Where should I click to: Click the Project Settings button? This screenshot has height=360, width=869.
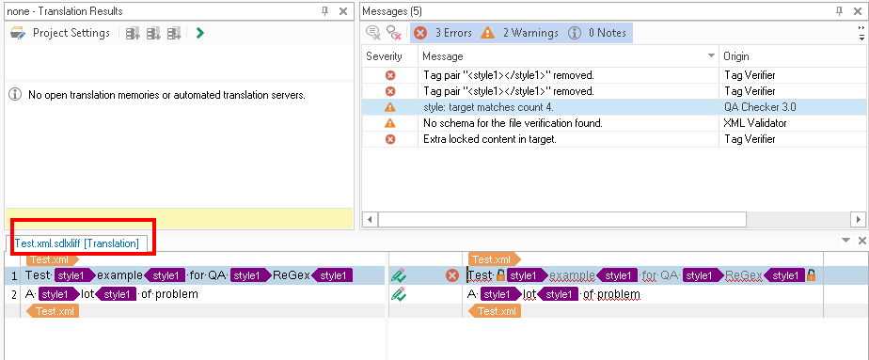[x=60, y=33]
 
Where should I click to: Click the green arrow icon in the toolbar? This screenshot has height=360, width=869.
[x=200, y=33]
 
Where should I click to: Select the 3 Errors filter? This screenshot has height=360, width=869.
[x=443, y=33]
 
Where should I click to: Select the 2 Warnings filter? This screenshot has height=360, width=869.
[x=519, y=33]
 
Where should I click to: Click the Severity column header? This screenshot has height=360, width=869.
[x=384, y=56]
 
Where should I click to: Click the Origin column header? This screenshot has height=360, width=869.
[x=736, y=56]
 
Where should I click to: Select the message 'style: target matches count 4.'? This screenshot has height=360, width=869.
[x=488, y=107]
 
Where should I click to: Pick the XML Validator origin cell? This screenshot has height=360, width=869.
[x=754, y=123]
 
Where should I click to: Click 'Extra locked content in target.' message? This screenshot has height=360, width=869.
[x=490, y=139]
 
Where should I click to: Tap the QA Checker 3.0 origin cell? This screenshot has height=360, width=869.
[x=760, y=107]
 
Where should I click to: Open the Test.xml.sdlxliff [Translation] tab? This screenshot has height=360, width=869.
[x=76, y=243]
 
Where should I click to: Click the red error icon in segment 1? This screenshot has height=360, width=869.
[x=452, y=275]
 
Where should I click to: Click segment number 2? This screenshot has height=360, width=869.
[x=14, y=294]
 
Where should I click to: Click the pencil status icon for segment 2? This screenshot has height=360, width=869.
[x=399, y=294]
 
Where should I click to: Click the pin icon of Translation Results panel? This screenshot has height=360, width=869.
[x=325, y=11]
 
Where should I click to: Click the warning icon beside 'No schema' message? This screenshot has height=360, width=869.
[x=390, y=123]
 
